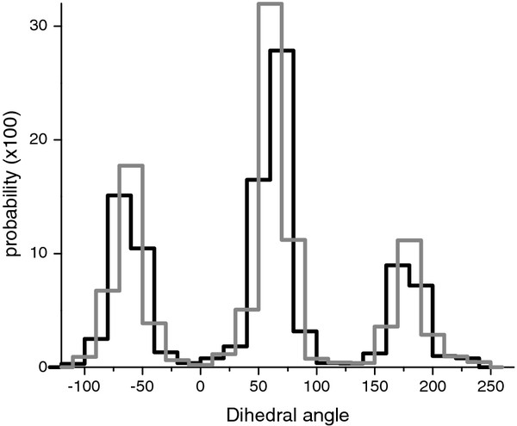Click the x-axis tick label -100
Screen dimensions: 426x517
pyautogui.click(x=82, y=387)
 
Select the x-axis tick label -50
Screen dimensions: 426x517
pyautogui.click(x=141, y=387)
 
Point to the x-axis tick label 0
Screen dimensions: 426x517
pyautogui.click(x=201, y=387)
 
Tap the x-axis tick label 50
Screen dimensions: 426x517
pyautogui.click(x=258, y=387)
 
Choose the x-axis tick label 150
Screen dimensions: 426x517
pyautogui.click(x=375, y=387)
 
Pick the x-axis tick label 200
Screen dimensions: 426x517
pyautogui.click(x=433, y=387)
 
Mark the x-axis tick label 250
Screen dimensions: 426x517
pyautogui.click(x=490, y=387)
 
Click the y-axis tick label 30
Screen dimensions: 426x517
pyautogui.click(x=28, y=26)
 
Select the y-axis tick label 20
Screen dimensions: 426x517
pyautogui.click(x=28, y=139)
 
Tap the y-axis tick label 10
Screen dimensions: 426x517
pyautogui.click(x=28, y=253)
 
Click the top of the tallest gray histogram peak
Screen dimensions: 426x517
pyautogui.click(x=270, y=4)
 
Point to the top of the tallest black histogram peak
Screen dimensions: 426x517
pyautogui.click(x=282, y=51)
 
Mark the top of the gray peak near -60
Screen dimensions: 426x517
pyautogui.click(x=130, y=165)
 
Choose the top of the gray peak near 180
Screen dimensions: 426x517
pyautogui.click(x=409, y=240)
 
